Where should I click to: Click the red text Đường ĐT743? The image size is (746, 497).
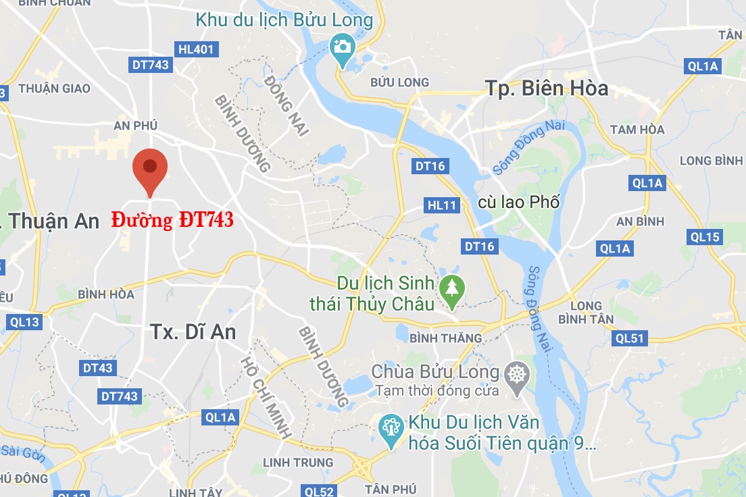tap(172, 220)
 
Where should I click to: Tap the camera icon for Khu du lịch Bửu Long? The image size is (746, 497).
tap(343, 47)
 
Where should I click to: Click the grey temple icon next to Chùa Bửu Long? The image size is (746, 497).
tap(518, 373)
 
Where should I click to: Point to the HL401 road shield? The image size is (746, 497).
tap(196, 49)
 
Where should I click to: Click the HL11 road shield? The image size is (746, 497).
tap(442, 205)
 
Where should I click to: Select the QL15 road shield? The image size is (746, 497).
tap(705, 237)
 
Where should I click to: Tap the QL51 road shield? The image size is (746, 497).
tap(629, 338)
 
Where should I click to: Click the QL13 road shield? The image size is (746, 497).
tap(24, 322)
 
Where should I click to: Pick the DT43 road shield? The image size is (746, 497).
tap(97, 368)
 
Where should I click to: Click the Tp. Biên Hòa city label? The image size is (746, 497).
tap(547, 88)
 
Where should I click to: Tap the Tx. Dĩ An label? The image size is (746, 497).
tap(193, 332)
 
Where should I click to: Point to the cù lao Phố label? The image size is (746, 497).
tap(518, 202)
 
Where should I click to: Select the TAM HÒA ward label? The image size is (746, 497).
tap(637, 130)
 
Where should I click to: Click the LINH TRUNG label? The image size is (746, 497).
tap(298, 463)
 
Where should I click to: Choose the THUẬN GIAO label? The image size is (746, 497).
tap(54, 88)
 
